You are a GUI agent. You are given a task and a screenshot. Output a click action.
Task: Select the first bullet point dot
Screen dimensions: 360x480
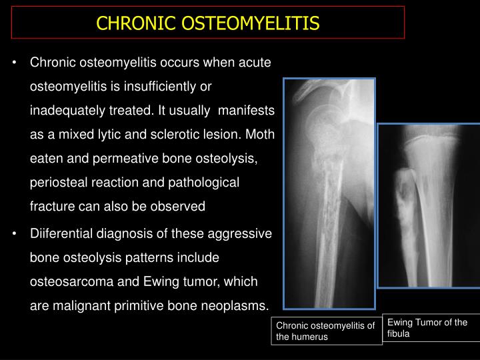point(15,63)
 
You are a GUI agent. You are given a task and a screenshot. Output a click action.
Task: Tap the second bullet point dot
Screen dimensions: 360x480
point(15,235)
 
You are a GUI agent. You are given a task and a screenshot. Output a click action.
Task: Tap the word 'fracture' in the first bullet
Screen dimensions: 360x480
point(52,207)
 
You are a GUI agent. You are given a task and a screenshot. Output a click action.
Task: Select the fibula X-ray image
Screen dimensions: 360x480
point(429,205)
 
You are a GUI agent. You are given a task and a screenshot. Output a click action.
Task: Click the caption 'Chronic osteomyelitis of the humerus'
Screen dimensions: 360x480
point(327,331)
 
